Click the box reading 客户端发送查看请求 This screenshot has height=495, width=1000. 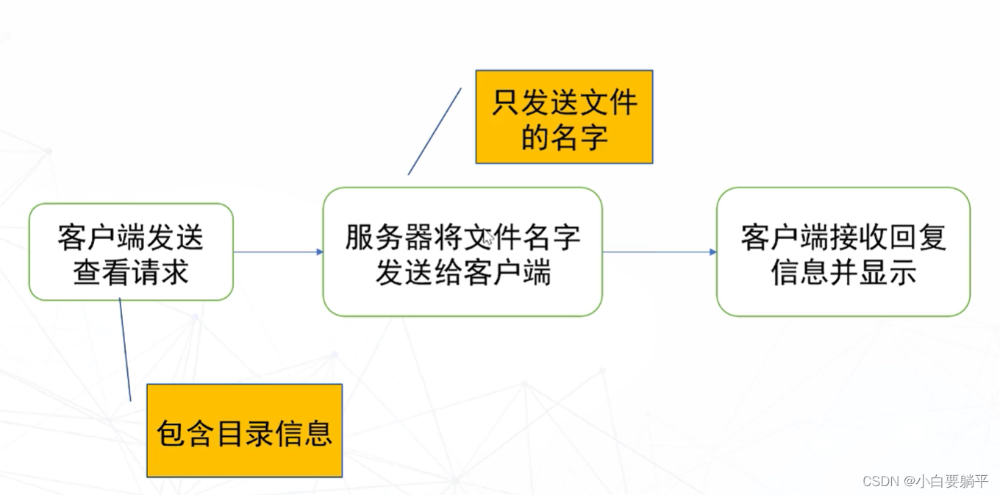pyautogui.click(x=131, y=252)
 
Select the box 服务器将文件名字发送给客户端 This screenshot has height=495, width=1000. pyautogui.click(x=463, y=252)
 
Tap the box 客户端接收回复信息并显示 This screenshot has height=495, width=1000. pyautogui.click(x=843, y=252)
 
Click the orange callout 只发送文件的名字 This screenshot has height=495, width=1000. pyautogui.click(x=564, y=116)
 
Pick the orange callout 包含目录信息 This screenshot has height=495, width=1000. pyautogui.click(x=244, y=430)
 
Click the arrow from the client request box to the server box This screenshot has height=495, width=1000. pyautogui.click(x=278, y=252)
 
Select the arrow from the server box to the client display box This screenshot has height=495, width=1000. pyautogui.click(x=659, y=252)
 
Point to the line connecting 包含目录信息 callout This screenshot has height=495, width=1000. pyautogui.click(x=125, y=349)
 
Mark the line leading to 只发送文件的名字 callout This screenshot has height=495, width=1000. pyautogui.click(x=435, y=132)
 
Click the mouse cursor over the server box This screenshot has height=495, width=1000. pyautogui.click(x=488, y=237)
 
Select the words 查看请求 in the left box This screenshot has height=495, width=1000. pyautogui.click(x=131, y=272)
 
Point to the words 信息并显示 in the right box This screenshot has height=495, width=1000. pyautogui.click(x=843, y=272)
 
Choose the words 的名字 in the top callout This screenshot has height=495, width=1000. pyautogui.click(x=564, y=136)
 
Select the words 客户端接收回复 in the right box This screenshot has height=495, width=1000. pyautogui.click(x=843, y=237)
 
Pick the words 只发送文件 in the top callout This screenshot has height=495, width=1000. pyautogui.click(x=564, y=102)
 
